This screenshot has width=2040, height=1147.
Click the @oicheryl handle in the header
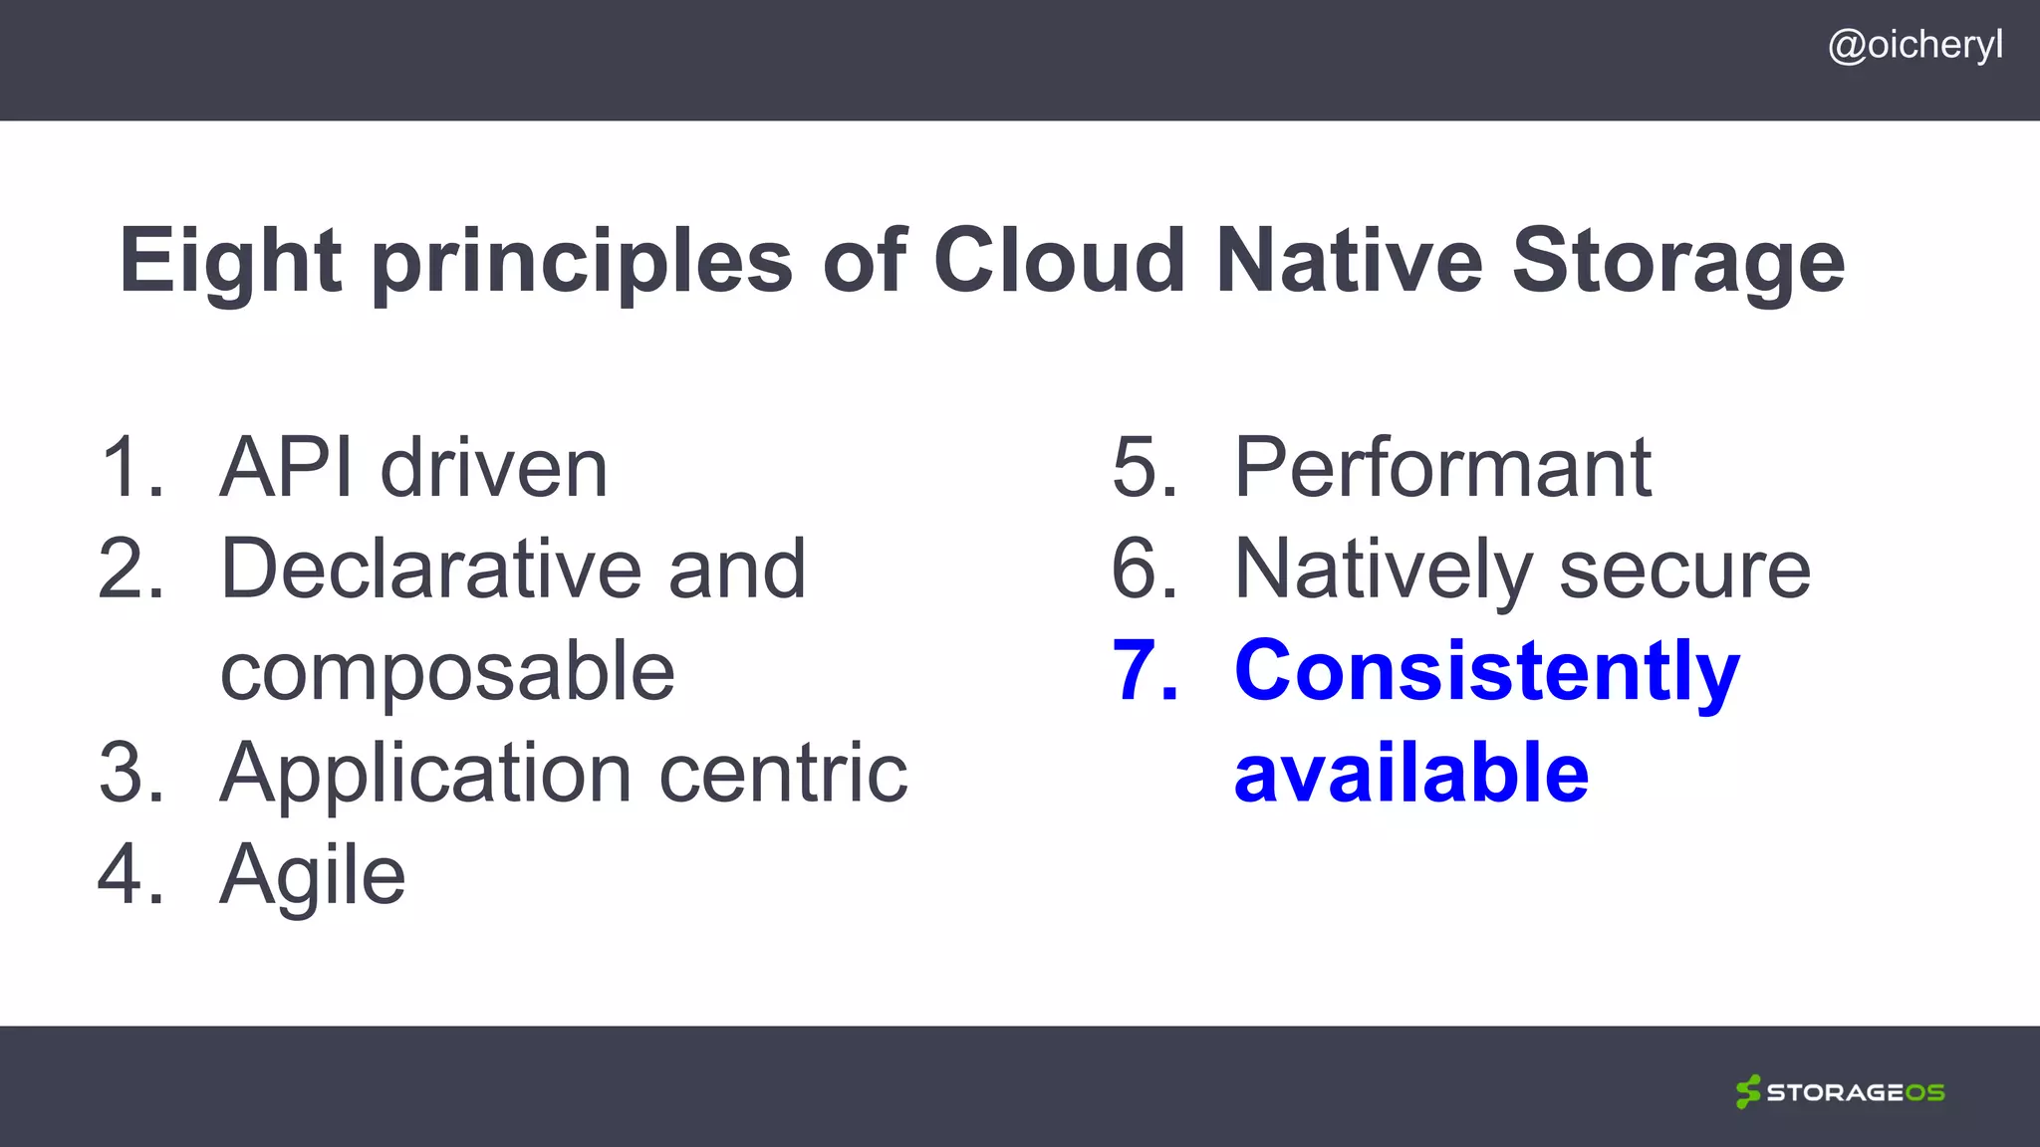(x=1914, y=46)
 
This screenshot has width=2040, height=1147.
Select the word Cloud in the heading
(x=1060, y=261)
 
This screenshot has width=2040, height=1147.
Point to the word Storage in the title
(x=1678, y=261)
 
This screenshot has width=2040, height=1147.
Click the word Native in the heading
(x=1350, y=261)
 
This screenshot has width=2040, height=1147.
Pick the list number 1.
(x=127, y=468)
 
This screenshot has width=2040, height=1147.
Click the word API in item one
(x=287, y=468)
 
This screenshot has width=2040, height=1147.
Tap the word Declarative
(x=430, y=570)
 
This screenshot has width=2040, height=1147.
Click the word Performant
(x=1443, y=468)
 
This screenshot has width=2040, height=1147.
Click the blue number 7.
(x=1144, y=671)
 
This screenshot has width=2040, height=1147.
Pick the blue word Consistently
(x=1487, y=671)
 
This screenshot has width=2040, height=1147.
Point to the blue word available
(x=1411, y=774)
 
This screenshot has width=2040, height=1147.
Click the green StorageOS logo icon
(x=1747, y=1091)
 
